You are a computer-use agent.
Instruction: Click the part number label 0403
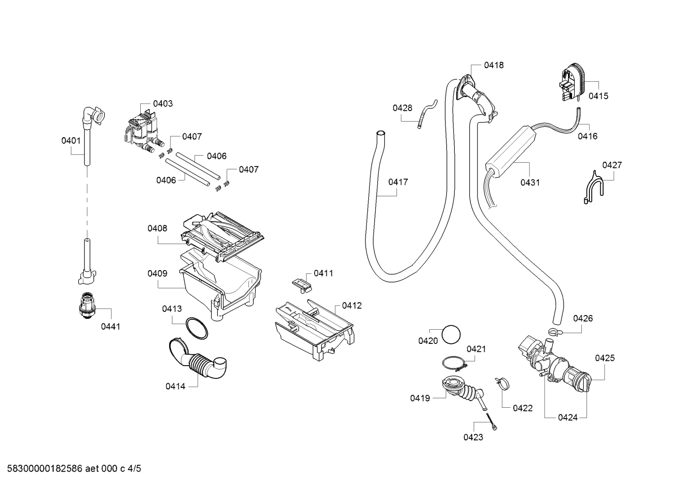(x=162, y=104)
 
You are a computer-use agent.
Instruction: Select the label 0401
(x=71, y=140)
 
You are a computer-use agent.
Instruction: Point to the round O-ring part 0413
(x=197, y=328)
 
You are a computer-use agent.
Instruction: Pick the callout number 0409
(x=157, y=274)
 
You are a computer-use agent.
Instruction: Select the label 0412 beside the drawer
(x=352, y=306)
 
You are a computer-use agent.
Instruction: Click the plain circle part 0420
(x=451, y=334)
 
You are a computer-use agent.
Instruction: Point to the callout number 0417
(x=398, y=182)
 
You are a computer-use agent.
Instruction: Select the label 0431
(x=530, y=183)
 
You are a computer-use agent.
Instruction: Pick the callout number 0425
(x=604, y=358)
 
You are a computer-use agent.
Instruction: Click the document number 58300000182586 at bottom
(x=45, y=469)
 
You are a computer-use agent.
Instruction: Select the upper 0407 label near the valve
(x=192, y=137)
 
